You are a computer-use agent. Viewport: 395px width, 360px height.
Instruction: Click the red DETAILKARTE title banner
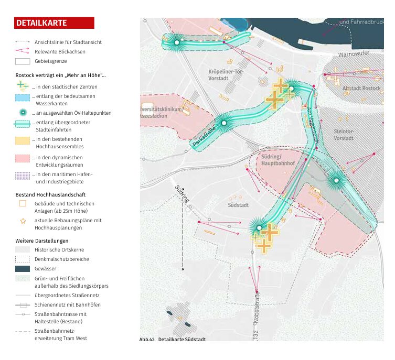coord(54,23)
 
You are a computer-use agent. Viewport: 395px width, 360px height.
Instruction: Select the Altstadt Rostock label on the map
coord(361,89)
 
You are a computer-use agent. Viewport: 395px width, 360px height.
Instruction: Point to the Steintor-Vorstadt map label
coord(344,135)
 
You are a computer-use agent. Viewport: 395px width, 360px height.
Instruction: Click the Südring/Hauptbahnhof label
coord(277,160)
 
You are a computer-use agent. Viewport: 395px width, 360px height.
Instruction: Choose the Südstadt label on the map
coord(238,205)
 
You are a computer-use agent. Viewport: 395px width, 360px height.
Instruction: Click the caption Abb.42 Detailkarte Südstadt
coord(173,340)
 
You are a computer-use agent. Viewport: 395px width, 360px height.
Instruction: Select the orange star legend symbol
coord(23,221)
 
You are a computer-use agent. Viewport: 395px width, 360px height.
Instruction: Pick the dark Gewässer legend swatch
coord(23,269)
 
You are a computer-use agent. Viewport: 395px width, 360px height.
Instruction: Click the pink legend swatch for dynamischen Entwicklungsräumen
coord(23,158)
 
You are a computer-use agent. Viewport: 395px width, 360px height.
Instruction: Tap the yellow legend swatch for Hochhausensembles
coord(23,140)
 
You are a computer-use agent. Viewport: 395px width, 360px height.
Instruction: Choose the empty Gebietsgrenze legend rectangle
coord(23,61)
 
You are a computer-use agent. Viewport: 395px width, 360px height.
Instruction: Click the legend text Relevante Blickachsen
coord(60,51)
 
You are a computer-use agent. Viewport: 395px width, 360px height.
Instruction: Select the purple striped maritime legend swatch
coord(23,176)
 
